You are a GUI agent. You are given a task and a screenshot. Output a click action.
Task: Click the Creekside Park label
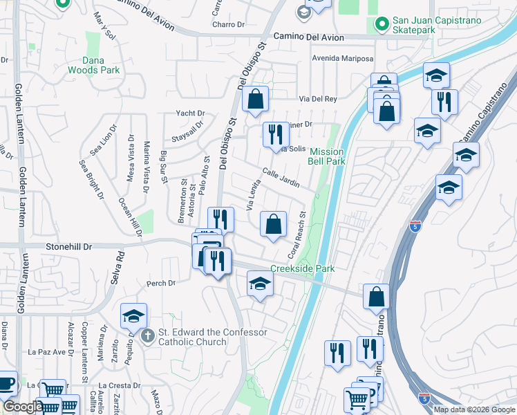302,268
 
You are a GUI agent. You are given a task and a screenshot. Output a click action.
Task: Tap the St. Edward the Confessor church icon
147,337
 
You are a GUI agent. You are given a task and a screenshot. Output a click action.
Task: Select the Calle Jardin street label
281,178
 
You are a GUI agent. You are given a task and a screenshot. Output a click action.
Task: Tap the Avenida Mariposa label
343,58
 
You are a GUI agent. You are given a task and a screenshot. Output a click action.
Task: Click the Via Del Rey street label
317,99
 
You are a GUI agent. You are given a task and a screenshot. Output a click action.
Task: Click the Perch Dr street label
161,283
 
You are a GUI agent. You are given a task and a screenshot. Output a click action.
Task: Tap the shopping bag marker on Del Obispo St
255,100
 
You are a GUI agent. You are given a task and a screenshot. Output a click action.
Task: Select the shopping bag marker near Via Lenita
274,224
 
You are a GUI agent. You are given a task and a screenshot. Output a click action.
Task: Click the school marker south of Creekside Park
260,284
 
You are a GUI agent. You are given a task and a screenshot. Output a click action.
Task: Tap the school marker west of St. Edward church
133,316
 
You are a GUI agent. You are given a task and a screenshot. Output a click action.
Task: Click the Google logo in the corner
23,407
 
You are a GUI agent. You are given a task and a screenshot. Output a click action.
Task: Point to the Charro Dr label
229,24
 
